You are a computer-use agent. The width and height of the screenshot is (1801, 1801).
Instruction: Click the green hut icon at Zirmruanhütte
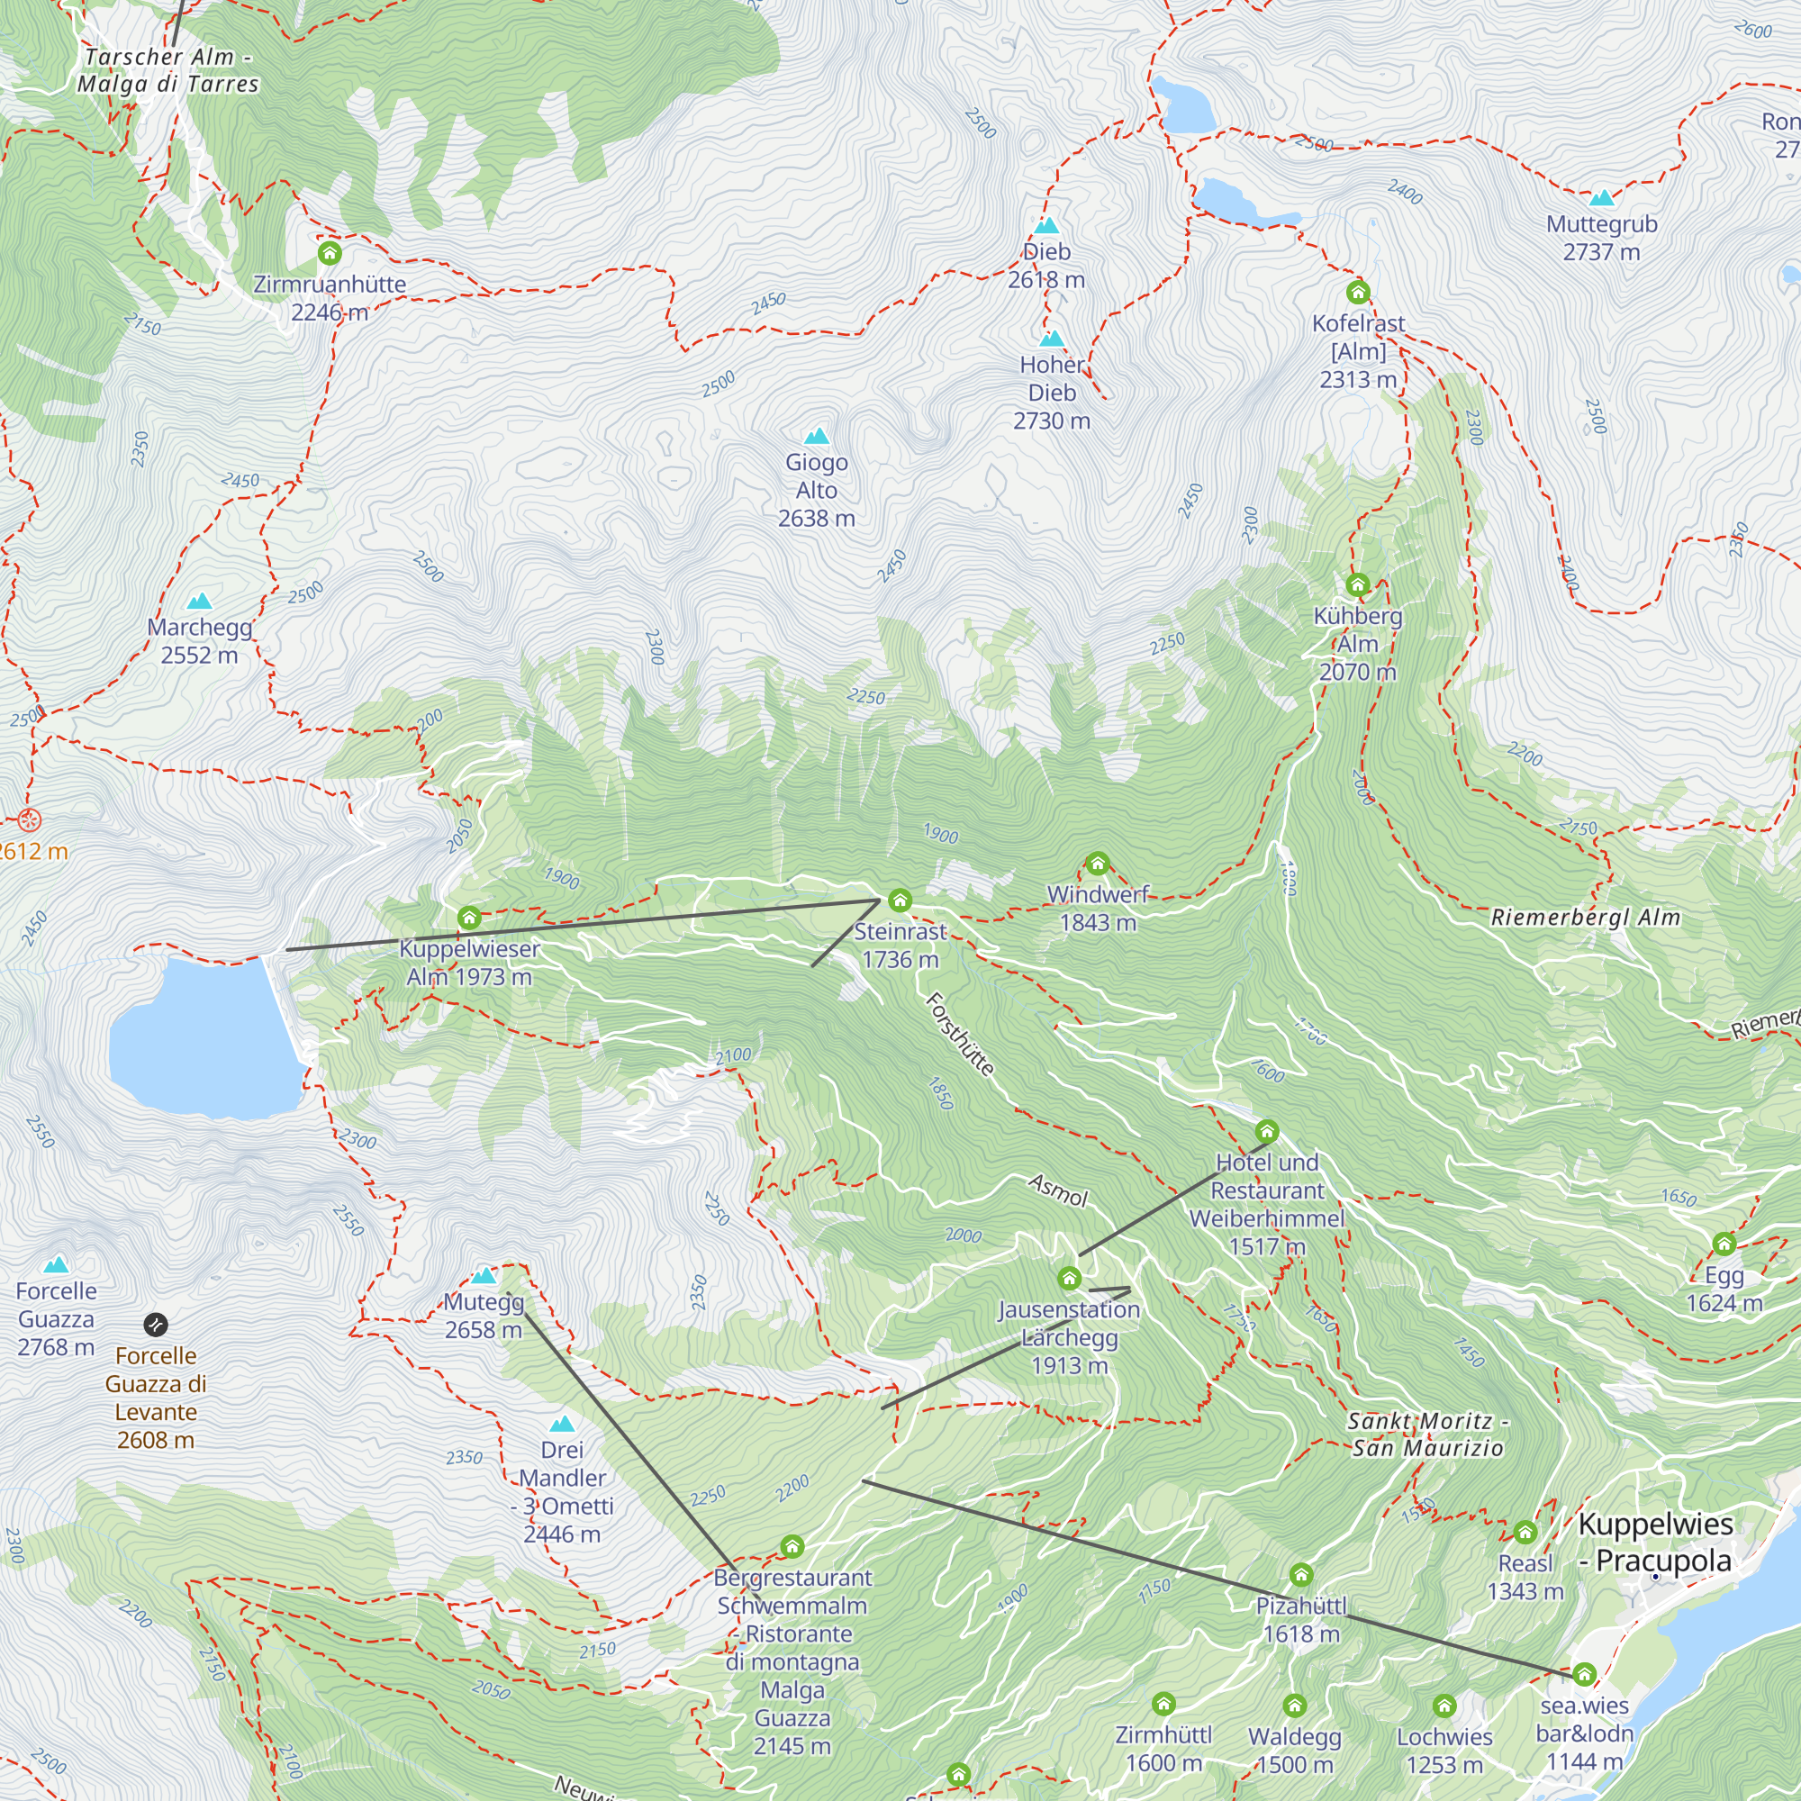[x=329, y=254]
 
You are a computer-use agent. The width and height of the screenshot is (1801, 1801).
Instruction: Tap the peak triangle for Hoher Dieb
[x=1052, y=339]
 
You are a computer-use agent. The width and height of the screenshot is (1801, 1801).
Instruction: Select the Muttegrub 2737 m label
[x=1601, y=238]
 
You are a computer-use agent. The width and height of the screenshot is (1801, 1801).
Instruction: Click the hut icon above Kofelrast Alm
[x=1358, y=293]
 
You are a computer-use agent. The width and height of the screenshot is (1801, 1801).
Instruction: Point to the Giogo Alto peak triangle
[x=817, y=436]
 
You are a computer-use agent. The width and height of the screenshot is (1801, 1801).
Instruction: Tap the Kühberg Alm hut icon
[x=1357, y=585]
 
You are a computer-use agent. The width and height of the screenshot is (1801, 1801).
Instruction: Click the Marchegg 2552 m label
[x=200, y=640]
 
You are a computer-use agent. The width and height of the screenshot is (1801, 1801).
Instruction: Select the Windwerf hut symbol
[x=1097, y=864]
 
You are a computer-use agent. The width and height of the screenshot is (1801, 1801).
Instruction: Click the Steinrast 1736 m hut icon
[x=900, y=900]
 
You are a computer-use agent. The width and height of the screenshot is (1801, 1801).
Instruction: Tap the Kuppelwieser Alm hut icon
[x=469, y=919]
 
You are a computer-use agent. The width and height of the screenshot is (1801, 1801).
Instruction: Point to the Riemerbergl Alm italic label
[x=1586, y=918]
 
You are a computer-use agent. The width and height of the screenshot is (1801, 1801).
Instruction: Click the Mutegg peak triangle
[x=483, y=1276]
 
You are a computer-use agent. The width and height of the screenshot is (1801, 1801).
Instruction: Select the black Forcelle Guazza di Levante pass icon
[x=156, y=1325]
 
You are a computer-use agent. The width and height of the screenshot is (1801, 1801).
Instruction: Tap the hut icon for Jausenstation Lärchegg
[x=1069, y=1278]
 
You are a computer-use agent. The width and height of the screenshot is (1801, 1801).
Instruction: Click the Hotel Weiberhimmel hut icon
[x=1266, y=1133]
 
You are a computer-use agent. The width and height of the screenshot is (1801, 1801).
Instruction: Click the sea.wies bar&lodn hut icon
[x=1584, y=1675]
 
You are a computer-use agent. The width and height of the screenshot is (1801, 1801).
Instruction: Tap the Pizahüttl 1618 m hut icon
[x=1301, y=1575]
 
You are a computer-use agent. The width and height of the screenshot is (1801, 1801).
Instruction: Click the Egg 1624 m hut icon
[x=1724, y=1244]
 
